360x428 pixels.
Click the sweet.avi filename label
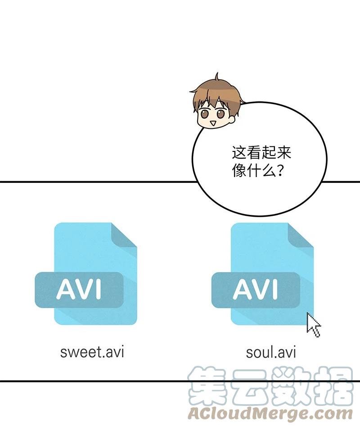[x=92, y=351]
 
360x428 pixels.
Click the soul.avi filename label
[x=271, y=351]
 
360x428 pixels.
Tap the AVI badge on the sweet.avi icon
[x=79, y=290]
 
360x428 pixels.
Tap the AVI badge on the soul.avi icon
[x=256, y=290]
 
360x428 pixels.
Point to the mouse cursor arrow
[x=312, y=325]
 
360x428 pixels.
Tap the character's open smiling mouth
[x=213, y=123]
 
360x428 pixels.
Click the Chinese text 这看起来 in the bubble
[x=261, y=153]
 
